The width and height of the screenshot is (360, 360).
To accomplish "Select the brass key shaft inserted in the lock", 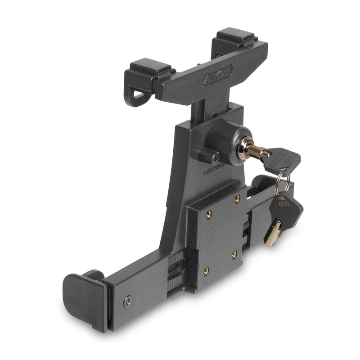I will (x=261, y=152).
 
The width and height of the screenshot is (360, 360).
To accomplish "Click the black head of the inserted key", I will (x=282, y=160).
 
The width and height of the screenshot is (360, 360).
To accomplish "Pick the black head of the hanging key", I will (x=286, y=205).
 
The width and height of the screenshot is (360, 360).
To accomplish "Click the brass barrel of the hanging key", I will (x=273, y=233).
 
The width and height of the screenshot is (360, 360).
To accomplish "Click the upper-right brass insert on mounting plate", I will (x=237, y=198).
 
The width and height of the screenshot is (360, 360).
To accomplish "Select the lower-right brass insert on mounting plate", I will (x=234, y=254).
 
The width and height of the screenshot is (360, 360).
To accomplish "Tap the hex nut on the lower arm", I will (x=128, y=302).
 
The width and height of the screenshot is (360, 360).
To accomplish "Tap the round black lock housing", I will (x=223, y=137).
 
